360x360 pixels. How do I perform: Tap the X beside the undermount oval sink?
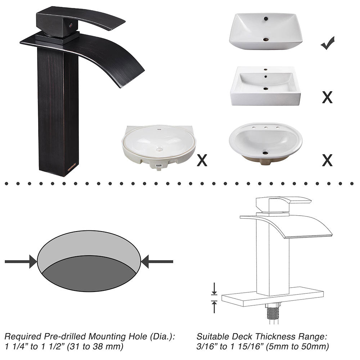click(202, 160)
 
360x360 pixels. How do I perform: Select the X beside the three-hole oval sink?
click(327, 160)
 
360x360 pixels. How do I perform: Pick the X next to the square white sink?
click(327, 97)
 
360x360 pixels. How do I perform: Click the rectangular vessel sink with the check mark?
click(265, 31)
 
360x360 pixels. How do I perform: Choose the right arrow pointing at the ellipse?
click(157, 261)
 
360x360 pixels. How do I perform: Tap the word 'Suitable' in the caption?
click(211, 337)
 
